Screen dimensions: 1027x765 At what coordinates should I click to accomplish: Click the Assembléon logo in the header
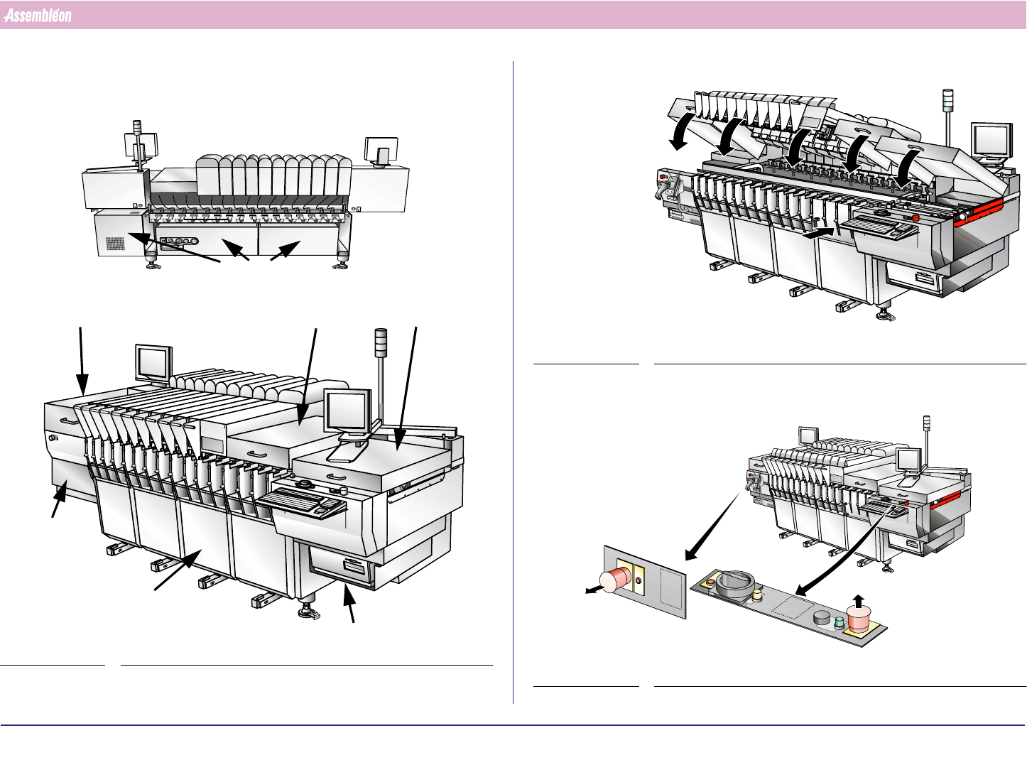tap(38, 16)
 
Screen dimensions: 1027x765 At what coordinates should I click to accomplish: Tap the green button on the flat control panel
tap(839, 623)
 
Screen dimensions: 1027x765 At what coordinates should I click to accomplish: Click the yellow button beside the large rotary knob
tap(757, 594)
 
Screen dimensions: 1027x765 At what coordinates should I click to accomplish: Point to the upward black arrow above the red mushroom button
tap(859, 601)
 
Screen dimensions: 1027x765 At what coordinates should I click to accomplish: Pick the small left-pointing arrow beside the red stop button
tap(593, 589)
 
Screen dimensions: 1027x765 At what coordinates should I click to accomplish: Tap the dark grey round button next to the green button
tap(822, 617)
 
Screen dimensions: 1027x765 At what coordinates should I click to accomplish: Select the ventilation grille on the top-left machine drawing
tap(115, 244)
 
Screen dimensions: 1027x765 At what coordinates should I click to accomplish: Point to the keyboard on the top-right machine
tap(879, 227)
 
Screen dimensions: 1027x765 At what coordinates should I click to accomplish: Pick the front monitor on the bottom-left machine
tap(348, 411)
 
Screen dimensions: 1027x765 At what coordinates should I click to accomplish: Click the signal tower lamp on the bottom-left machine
tap(381, 342)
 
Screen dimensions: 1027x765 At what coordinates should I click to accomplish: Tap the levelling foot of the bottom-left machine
tap(309, 612)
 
